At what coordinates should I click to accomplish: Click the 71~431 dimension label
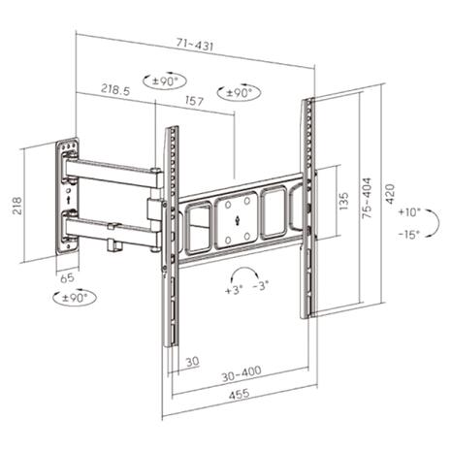tap(195, 45)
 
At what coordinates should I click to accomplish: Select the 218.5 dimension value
tap(115, 89)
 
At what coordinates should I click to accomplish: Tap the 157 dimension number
tap(194, 101)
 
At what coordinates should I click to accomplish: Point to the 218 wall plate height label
tap(16, 206)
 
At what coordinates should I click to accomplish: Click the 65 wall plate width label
tap(67, 277)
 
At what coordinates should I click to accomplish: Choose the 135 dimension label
tap(344, 201)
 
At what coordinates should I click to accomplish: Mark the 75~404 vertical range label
tap(367, 198)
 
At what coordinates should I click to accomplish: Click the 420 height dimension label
tap(390, 194)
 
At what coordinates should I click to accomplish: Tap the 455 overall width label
tap(240, 394)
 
